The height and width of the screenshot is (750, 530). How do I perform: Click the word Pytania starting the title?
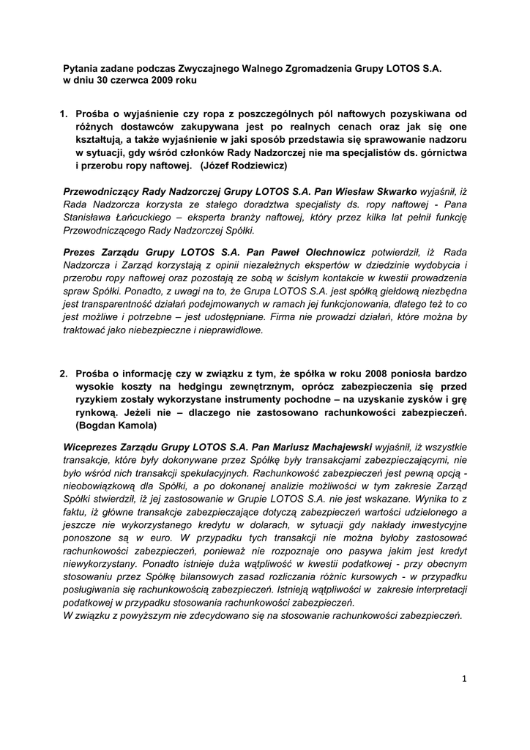[81, 67]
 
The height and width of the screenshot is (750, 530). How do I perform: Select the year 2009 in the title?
[163, 80]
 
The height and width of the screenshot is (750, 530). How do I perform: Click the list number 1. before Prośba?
[64, 114]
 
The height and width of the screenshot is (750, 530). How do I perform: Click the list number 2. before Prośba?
[64, 374]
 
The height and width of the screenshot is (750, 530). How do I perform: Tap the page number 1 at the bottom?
[464, 679]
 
